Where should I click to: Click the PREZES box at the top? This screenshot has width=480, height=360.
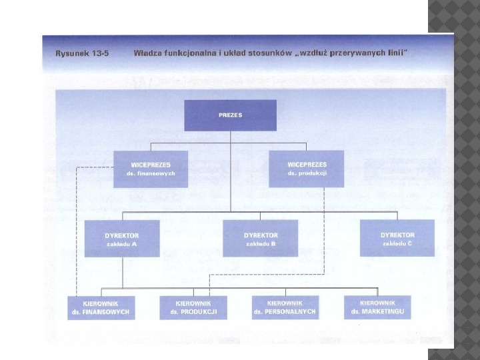tap(230, 115)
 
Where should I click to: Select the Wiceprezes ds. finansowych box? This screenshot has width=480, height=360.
tap(150, 169)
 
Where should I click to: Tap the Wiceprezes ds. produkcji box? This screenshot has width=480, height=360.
tap(307, 169)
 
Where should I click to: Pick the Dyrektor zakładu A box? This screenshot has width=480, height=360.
tap(122, 239)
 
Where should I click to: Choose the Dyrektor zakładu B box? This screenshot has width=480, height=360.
tap(260, 239)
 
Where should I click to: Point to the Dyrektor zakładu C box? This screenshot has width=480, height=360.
tap(397, 239)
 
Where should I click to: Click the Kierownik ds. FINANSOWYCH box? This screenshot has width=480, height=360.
tap(101, 307)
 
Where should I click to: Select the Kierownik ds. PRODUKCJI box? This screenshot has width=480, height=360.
tap(193, 307)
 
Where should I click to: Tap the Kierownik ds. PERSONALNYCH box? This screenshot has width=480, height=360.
tap(285, 307)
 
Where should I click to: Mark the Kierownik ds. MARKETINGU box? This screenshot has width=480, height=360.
tap(377, 307)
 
